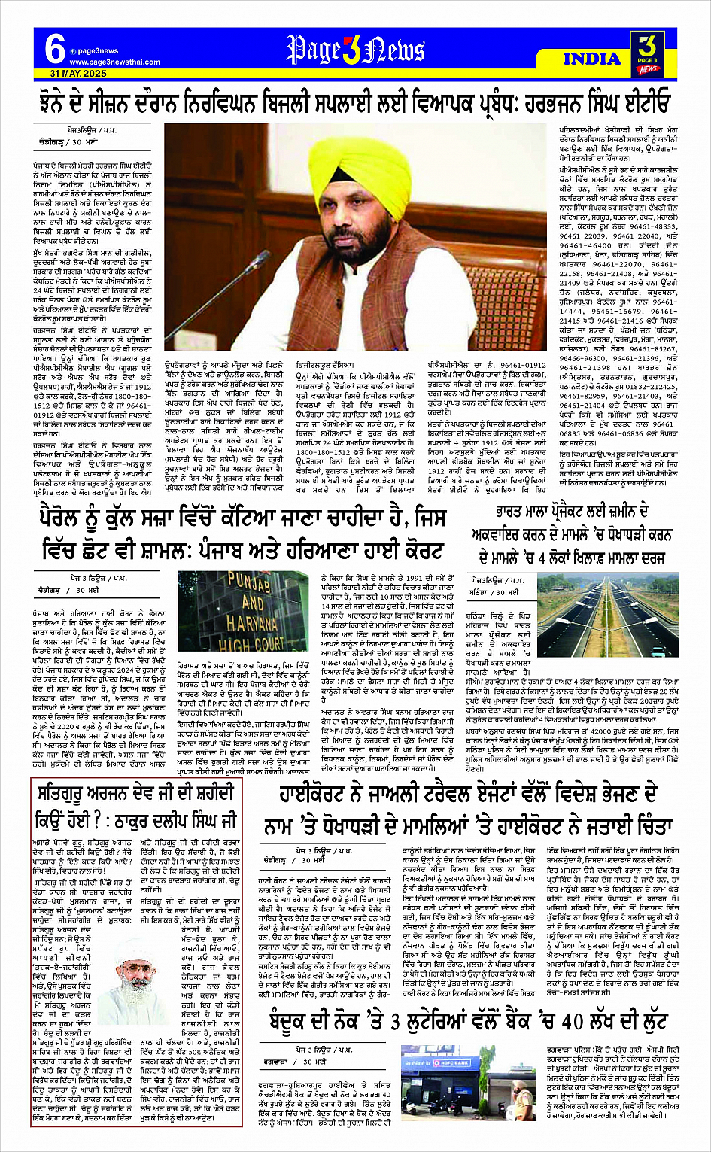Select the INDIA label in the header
point(592,59)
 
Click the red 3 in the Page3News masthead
point(354,49)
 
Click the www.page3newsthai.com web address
point(114,62)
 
